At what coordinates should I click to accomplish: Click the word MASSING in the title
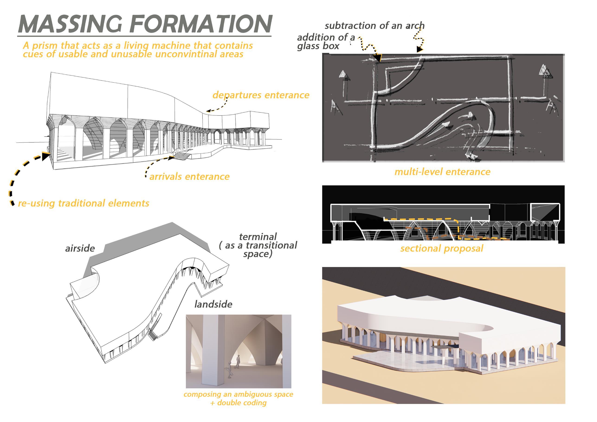(x=70, y=24)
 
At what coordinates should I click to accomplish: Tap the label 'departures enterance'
(x=261, y=95)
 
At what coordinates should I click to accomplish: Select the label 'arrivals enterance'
(x=189, y=177)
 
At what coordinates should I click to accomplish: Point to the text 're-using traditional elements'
(x=84, y=203)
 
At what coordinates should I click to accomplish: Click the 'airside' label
(x=80, y=248)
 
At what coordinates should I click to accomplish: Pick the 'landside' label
(x=213, y=304)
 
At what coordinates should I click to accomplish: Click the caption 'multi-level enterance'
(x=442, y=172)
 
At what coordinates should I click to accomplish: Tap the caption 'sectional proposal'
(x=442, y=248)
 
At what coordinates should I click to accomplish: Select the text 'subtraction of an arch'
(x=374, y=26)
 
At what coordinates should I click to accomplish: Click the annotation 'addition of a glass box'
(x=326, y=42)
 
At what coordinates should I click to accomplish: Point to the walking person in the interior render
(x=238, y=362)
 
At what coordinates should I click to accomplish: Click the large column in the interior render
(x=212, y=351)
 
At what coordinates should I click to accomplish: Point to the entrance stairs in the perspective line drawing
(x=182, y=156)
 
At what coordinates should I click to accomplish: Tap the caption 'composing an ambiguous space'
(x=238, y=394)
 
